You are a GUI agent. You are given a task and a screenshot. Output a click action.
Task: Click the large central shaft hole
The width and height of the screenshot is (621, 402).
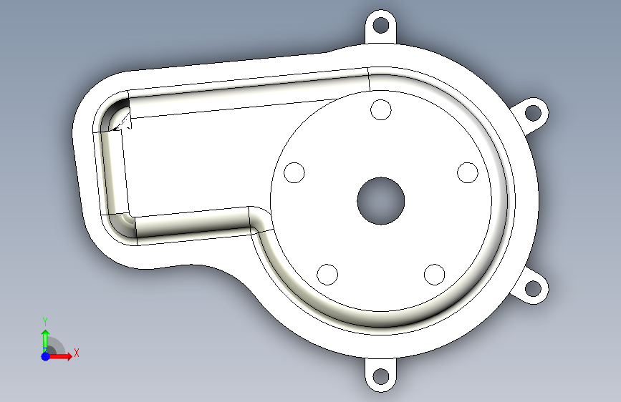tap(381, 200)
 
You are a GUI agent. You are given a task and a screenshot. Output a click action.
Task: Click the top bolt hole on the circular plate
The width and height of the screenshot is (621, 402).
tap(381, 109)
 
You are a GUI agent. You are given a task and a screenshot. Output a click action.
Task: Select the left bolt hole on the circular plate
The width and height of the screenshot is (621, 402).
tap(294, 172)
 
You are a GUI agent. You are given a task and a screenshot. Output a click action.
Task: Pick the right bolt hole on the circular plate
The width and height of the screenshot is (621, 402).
tap(468, 172)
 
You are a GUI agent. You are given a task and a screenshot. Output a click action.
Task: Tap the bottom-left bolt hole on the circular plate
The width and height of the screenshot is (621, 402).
tap(327, 274)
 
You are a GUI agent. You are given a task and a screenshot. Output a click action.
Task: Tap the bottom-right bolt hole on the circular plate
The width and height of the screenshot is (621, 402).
tap(435, 274)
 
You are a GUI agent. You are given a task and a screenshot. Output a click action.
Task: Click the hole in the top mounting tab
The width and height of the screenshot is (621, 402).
tap(381, 25)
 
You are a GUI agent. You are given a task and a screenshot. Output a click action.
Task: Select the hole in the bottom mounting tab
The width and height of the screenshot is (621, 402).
tap(381, 376)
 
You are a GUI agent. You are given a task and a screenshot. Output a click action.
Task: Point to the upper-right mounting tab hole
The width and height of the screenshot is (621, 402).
tap(533, 113)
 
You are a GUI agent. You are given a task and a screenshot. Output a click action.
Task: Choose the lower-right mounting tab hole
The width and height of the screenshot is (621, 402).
tap(533, 288)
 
